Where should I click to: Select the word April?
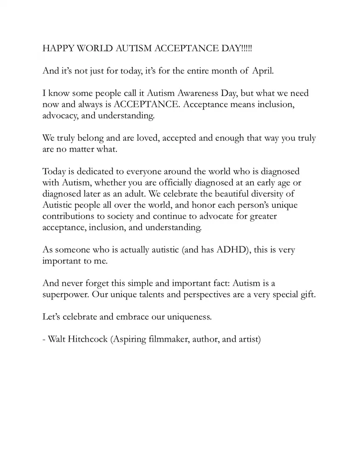265,71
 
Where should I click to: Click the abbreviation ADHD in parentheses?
233,250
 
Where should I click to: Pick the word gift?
308,295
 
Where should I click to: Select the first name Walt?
57,339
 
